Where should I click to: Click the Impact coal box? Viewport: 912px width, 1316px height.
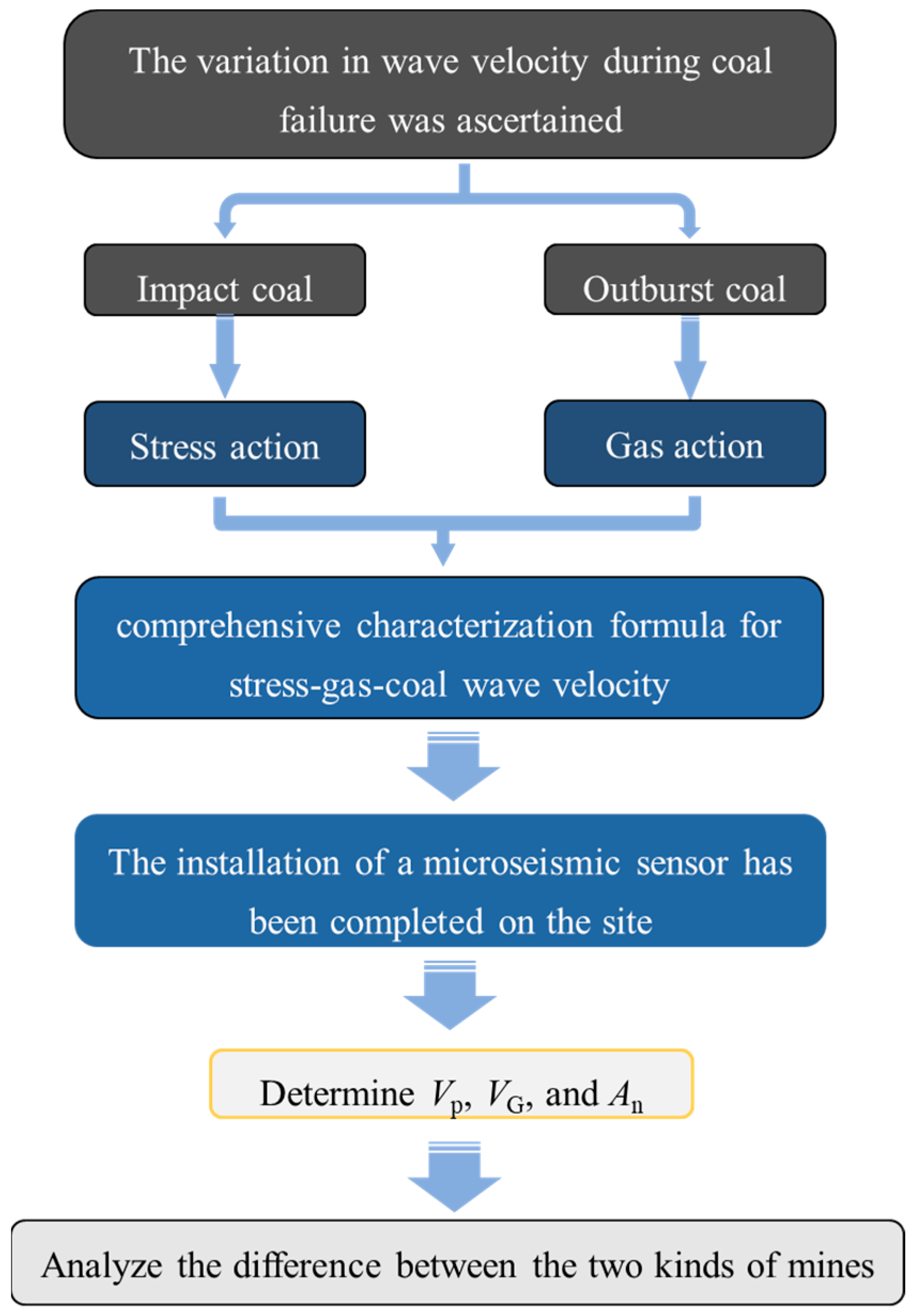click(225, 280)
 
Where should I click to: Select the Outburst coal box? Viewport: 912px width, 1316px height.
click(684, 280)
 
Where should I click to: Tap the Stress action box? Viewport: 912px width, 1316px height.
click(225, 444)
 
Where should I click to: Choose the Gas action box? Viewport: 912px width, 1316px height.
click(684, 444)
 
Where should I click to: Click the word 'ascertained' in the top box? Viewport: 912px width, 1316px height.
click(539, 121)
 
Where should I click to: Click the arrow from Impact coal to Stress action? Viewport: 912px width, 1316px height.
click(225, 357)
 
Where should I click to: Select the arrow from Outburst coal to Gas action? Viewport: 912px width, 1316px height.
click(690, 357)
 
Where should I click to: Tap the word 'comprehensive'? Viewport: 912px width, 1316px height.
click(229, 626)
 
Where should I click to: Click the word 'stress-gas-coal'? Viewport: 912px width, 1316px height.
click(338, 685)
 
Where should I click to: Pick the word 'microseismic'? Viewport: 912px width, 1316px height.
click(521, 862)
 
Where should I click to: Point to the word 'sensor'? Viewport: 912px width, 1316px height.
click(682, 863)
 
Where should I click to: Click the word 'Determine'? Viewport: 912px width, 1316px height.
click(337, 1094)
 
